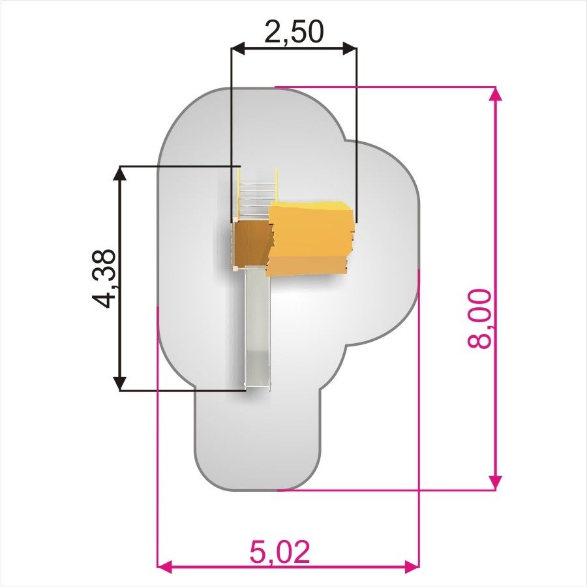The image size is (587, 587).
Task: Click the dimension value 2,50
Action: [x=293, y=32]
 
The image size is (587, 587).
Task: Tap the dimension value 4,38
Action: [x=104, y=278]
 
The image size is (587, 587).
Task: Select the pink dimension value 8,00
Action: [x=479, y=319]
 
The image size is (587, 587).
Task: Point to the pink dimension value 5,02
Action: [x=280, y=552]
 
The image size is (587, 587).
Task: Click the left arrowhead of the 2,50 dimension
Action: [x=238, y=48]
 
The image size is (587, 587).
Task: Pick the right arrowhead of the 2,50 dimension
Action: [x=350, y=48]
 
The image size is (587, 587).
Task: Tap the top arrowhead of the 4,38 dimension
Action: [x=120, y=173]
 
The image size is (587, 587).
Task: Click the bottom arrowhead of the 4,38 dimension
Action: [x=120, y=384]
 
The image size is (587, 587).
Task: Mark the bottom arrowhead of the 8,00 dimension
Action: [x=496, y=483]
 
